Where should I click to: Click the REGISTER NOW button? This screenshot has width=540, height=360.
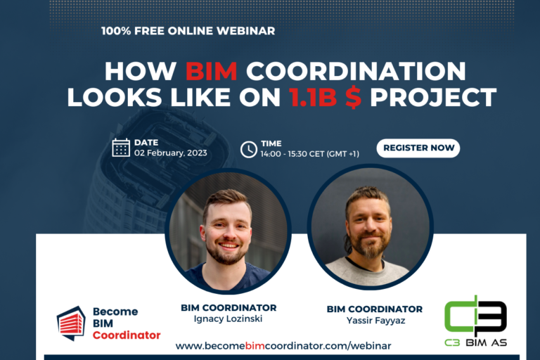coord(418,148)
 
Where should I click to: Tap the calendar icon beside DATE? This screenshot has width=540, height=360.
coord(121,148)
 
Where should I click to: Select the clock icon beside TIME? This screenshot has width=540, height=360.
coord(249,149)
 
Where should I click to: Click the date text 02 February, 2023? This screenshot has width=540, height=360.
coord(170,153)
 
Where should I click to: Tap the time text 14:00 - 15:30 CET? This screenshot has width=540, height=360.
coord(309,153)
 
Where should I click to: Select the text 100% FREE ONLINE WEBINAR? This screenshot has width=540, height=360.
coord(188,31)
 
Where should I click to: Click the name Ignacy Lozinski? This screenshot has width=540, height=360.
coord(229,319)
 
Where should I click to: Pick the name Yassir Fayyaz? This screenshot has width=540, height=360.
coord(374,321)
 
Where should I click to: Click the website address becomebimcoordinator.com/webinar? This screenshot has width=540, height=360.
coord(283,346)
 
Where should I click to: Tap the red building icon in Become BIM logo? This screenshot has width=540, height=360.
coord(70,323)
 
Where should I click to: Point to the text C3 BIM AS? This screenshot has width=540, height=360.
coord(476,343)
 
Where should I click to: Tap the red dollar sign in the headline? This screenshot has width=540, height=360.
coord(352,97)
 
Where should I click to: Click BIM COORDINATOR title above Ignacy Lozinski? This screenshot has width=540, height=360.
coord(229,307)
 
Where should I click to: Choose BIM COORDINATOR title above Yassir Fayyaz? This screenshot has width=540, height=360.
coord(374,309)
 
